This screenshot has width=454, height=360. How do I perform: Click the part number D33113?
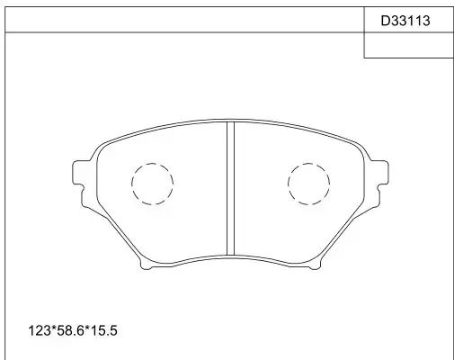click(405, 21)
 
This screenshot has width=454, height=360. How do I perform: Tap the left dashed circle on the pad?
click(132, 184)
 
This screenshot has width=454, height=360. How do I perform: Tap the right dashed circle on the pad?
click(288, 184)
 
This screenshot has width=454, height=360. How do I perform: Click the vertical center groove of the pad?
click(230, 188)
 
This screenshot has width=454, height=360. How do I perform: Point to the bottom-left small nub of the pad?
click(146, 265)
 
